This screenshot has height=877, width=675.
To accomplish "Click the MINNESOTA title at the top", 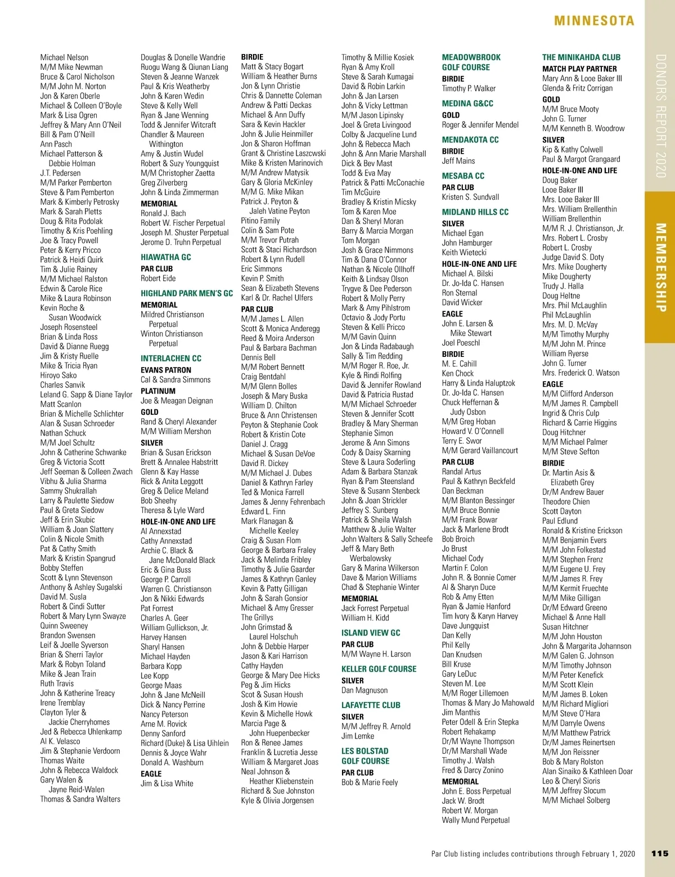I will pos(594,21).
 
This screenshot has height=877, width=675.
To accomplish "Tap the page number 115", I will pos(659,853).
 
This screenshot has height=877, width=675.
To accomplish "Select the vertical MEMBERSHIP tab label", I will pos(661,267).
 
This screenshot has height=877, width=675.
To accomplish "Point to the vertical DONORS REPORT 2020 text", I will pos(661,116).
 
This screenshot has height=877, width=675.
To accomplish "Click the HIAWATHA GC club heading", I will pos(166,257).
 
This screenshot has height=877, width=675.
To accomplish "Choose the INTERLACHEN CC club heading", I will pos(171,359).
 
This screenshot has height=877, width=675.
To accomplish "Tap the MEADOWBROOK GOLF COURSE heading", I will pos(466,62).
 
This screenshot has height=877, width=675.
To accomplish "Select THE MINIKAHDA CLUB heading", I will pos(581,57).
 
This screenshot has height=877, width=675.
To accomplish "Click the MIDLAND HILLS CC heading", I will pos(475,212).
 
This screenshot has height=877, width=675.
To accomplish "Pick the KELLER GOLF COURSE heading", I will pos(379,669).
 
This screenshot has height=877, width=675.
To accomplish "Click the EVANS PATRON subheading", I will pos(166,370).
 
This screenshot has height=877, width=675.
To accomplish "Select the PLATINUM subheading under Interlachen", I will pos(158,391).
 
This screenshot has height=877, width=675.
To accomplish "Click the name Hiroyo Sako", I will pos(58,375).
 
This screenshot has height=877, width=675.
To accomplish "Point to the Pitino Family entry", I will pos(260,221).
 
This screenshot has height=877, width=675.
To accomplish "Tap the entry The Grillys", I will pos(257,618).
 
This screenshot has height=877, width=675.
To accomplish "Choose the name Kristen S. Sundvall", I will pos(470,197).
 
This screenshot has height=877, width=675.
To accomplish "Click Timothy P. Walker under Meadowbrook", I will pos(469,88).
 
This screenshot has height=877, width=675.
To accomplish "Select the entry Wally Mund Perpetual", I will pos(476,820).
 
